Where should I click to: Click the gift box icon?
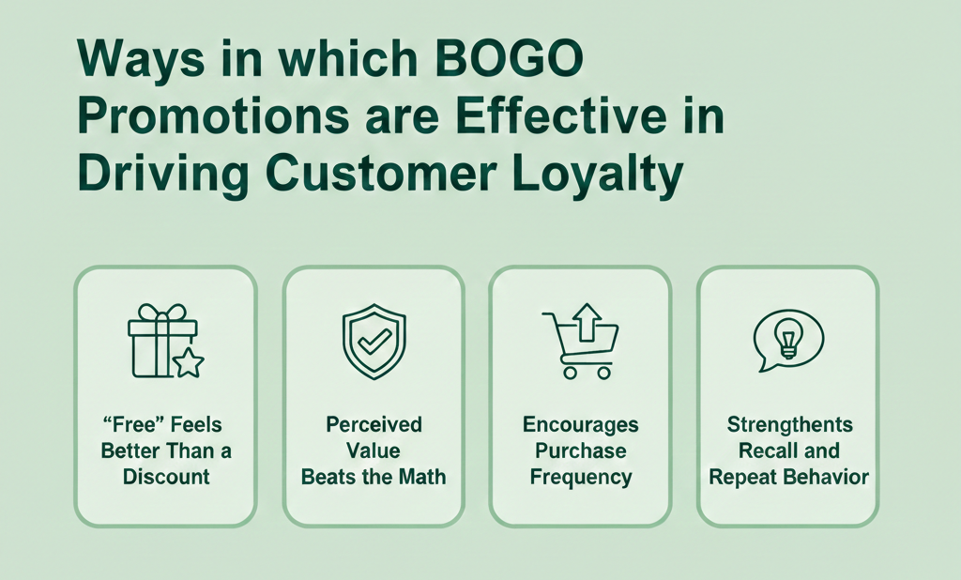coord(162,340)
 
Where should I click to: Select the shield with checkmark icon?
coord(373,340)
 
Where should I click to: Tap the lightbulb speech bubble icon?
coord(788,338)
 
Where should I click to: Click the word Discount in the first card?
coord(166,477)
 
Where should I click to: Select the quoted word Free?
coord(129,425)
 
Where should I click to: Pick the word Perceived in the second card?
coord(374,425)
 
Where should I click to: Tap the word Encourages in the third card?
coord(580,425)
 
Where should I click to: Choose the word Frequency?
coord(580,477)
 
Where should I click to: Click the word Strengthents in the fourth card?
coord(788,425)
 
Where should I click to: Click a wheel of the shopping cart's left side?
coord(569,372)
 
